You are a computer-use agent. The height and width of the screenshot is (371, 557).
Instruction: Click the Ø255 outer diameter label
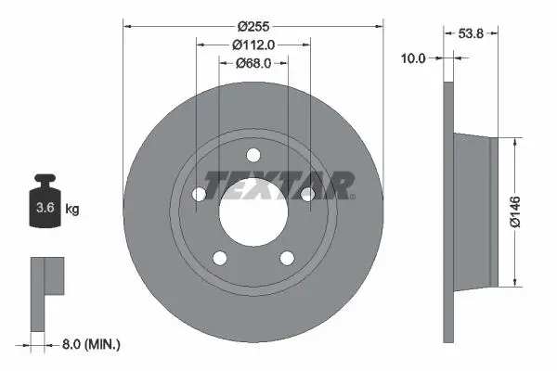pyautogui.click(x=253, y=26)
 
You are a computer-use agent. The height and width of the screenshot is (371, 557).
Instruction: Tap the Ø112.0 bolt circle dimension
pyautogui.click(x=253, y=45)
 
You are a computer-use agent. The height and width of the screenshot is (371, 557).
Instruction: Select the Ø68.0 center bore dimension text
pyautogui.click(x=253, y=63)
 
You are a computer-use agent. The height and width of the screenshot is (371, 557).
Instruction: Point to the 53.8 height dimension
pyautogui.click(x=471, y=33)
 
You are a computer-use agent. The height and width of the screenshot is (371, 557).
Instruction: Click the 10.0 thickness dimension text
pyautogui.click(x=413, y=58)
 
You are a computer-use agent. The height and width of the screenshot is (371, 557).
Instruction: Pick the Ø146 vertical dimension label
pyautogui.click(x=514, y=211)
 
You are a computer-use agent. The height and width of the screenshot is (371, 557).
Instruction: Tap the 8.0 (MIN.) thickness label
pyautogui.click(x=91, y=344)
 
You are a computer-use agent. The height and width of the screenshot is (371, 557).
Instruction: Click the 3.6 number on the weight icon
pyautogui.click(x=45, y=208)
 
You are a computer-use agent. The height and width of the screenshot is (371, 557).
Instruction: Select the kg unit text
pyautogui.click(x=72, y=209)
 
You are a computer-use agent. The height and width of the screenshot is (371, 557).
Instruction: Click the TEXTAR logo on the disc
pyautogui.click(x=279, y=185)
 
